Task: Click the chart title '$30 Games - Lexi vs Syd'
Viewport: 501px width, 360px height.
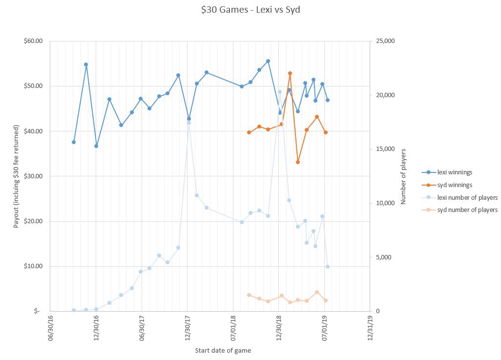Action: [x=250, y=10]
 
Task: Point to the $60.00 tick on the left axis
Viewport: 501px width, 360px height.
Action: [x=33, y=41]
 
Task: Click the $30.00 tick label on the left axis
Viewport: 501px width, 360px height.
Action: [x=33, y=176]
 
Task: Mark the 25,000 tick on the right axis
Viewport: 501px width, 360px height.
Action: [x=383, y=41]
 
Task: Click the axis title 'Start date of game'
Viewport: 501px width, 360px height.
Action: [x=223, y=350]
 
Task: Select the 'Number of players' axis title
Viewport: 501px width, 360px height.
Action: [x=403, y=176]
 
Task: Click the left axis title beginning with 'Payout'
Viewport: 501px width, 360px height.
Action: [x=16, y=176]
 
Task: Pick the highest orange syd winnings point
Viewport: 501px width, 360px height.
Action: [x=290, y=73]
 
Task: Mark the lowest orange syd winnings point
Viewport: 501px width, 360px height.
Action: [x=298, y=162]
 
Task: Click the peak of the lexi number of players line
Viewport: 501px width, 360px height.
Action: [x=280, y=92]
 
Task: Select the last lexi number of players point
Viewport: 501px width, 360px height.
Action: [x=328, y=267]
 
